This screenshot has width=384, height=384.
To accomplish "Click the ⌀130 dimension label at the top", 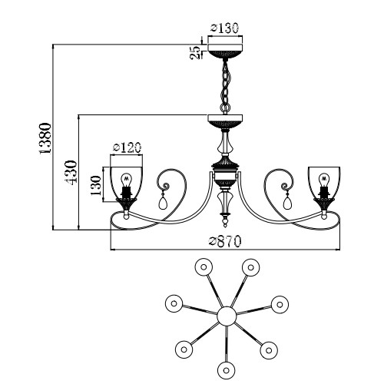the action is pos(224,28).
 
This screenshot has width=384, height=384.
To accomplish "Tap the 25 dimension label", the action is pos(195,53).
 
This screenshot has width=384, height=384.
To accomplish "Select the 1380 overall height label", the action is pos(45,138).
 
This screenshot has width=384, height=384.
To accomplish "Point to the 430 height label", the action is pos(71,172).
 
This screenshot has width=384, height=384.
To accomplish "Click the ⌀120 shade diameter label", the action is pos(127,148).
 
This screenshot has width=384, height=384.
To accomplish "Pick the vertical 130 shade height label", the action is pos(96,186).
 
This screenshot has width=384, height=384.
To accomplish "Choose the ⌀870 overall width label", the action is pos(225,241).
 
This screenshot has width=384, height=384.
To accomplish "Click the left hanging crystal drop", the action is pos(163,202).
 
